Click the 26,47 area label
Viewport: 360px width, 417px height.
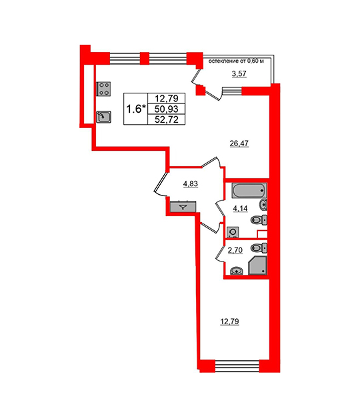pyautogui.click(x=239, y=144)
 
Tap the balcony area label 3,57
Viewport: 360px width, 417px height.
pyautogui.click(x=239, y=73)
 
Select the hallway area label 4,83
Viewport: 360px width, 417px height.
pyautogui.click(x=191, y=183)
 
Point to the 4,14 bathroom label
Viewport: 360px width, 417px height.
pyautogui.click(x=240, y=209)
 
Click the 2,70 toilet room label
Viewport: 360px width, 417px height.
pyautogui.click(x=235, y=250)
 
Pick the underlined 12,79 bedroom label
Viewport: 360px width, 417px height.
pyautogui.click(x=229, y=322)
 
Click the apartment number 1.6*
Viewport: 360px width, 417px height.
pyautogui.click(x=136, y=109)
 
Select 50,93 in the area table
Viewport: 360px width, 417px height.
pyautogui.click(x=167, y=109)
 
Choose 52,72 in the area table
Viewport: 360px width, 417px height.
pyautogui.click(x=167, y=119)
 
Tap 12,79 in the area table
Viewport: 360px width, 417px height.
pyautogui.click(x=167, y=98)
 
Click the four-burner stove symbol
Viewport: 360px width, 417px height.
pyautogui.click(x=103, y=89)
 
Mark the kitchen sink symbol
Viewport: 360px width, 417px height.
pyautogui.click(x=103, y=117)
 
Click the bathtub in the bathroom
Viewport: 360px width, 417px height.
pyautogui.click(x=249, y=190)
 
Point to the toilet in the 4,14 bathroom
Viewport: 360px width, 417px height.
pyautogui.click(x=259, y=220)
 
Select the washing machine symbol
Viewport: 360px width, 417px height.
pyautogui.click(x=233, y=232)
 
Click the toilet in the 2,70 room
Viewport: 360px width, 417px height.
pyautogui.click(x=259, y=248)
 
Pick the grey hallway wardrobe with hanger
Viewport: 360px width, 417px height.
pyautogui.click(x=183, y=207)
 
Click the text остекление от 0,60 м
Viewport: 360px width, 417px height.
pyautogui.click(x=236, y=61)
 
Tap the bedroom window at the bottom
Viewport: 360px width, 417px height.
pyautogui.click(x=237, y=366)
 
